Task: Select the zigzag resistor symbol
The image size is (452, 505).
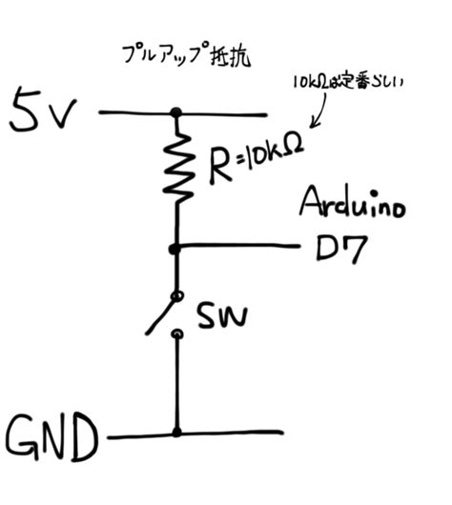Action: (x=177, y=169)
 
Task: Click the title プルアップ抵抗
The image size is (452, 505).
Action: (x=182, y=53)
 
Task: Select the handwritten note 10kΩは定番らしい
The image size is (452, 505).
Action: (x=348, y=86)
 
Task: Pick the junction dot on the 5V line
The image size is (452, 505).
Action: (x=176, y=112)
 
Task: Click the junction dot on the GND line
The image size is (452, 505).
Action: (x=176, y=432)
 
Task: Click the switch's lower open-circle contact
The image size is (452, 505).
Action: (x=176, y=334)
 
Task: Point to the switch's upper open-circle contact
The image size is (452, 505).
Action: (x=176, y=293)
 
